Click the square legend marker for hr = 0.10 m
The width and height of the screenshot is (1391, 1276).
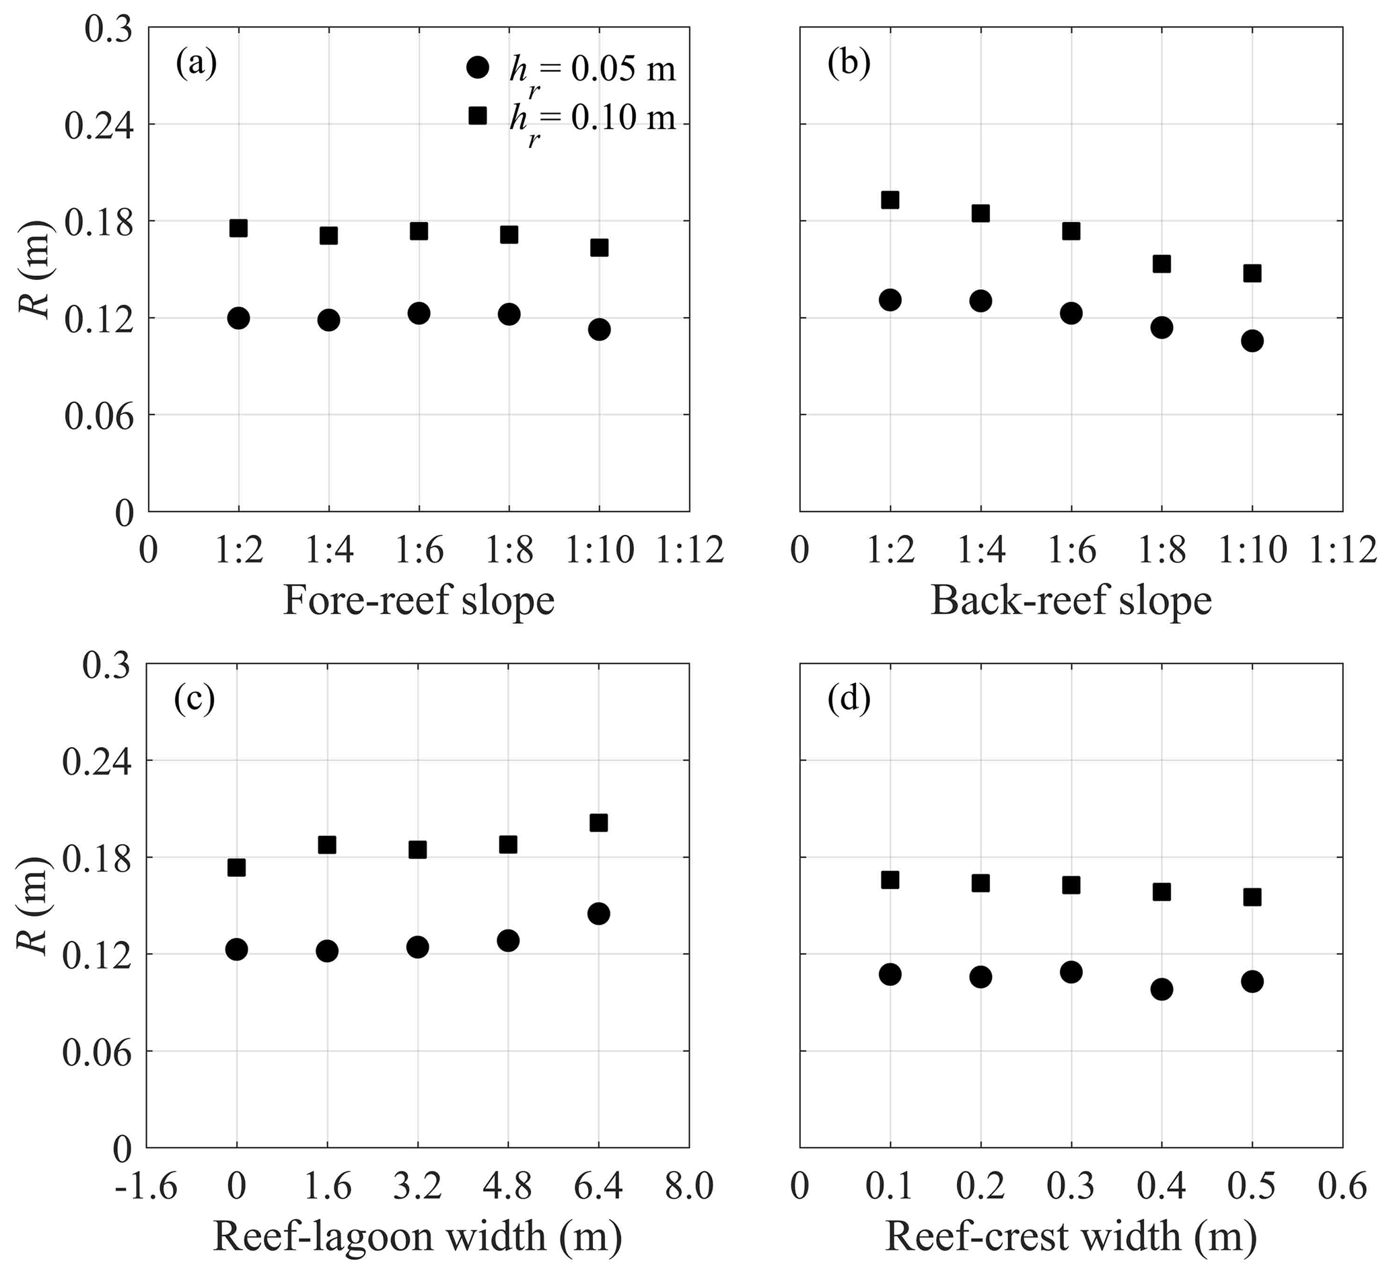pyautogui.click(x=478, y=116)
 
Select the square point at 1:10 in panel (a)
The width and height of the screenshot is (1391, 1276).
pyautogui.click(x=599, y=247)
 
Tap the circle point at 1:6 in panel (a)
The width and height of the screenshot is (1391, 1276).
pyautogui.click(x=419, y=313)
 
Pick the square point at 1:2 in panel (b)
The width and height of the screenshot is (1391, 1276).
pyautogui.click(x=890, y=201)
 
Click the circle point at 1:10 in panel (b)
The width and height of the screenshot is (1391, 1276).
pyautogui.click(x=1252, y=341)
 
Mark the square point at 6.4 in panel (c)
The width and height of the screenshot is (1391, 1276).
pyautogui.click(x=598, y=822)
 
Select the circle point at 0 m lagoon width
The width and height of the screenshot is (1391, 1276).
pyautogui.click(x=237, y=950)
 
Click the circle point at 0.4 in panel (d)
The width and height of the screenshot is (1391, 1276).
pyautogui.click(x=1161, y=989)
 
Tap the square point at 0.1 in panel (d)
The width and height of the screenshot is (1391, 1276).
pyautogui.click(x=890, y=880)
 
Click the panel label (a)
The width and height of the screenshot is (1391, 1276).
pyautogui.click(x=196, y=64)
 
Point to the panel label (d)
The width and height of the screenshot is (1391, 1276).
pyautogui.click(x=849, y=700)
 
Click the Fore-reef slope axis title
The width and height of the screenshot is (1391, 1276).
pyautogui.click(x=419, y=601)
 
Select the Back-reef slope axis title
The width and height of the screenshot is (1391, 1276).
pyautogui.click(x=1071, y=601)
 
